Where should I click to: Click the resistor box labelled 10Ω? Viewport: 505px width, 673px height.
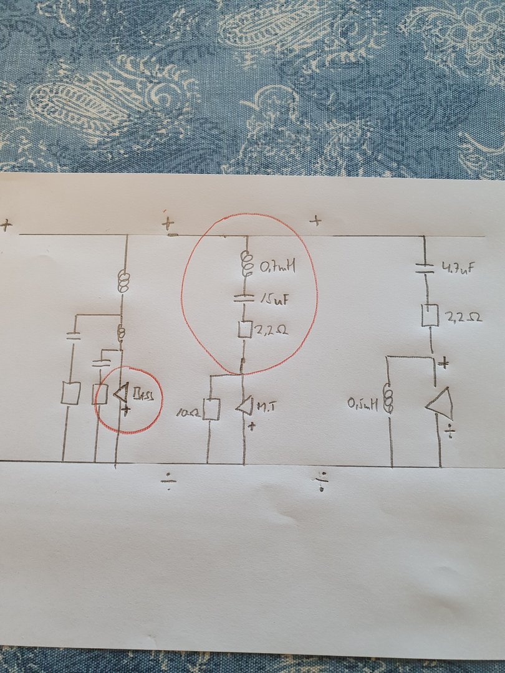pos(213,409)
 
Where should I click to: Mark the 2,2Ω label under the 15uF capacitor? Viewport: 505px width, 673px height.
pos(271,329)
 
